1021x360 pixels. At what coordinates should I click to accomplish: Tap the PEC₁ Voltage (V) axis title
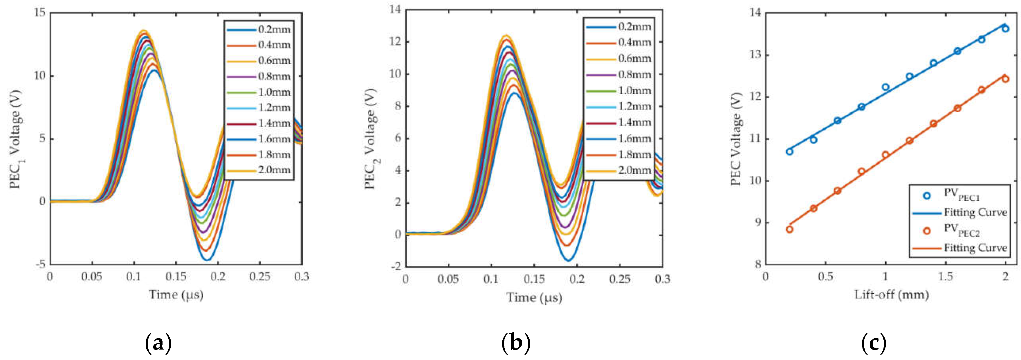click(x=16, y=139)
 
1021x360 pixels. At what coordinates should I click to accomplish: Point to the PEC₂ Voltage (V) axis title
click(x=371, y=139)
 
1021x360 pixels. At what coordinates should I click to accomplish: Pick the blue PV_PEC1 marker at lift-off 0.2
click(x=789, y=152)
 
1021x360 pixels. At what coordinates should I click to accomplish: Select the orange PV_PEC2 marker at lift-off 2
click(x=1006, y=79)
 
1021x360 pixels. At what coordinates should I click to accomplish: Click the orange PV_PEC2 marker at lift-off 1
click(x=885, y=155)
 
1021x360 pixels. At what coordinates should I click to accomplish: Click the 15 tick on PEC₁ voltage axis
click(x=40, y=13)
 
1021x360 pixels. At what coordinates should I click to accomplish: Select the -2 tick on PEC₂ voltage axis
click(x=396, y=267)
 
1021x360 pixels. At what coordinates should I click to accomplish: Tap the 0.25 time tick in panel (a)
click(x=260, y=277)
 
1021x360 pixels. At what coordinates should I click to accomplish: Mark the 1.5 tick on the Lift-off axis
click(x=945, y=277)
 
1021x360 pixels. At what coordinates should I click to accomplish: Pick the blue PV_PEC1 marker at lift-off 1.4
click(x=933, y=63)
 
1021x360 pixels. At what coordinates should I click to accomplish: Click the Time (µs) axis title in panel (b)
click(x=534, y=297)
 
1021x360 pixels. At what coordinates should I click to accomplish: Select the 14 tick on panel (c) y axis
click(x=755, y=13)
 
